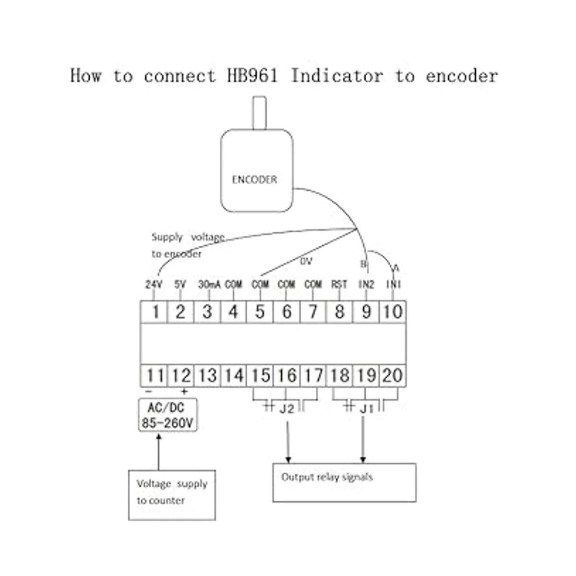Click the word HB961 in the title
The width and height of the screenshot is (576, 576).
[x=252, y=76]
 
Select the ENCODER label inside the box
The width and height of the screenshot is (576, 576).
[x=254, y=180]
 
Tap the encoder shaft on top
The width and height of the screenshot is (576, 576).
[x=259, y=113]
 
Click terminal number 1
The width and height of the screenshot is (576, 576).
[x=155, y=312]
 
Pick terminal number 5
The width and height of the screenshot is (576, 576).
[x=260, y=312]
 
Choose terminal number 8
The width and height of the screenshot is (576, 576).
[x=339, y=312]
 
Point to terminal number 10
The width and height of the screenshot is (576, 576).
[x=393, y=312]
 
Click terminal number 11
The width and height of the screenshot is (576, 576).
[x=155, y=375]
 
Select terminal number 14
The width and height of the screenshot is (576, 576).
[x=234, y=375]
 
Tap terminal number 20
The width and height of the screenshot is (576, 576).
[x=393, y=375]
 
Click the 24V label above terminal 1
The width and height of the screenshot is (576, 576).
[x=154, y=285]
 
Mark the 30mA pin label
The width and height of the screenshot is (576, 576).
[x=209, y=285]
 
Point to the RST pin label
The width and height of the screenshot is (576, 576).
[x=339, y=285]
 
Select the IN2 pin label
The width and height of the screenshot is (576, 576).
[x=366, y=285]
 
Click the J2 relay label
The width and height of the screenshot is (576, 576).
[x=287, y=409]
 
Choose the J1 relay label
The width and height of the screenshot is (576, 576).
[x=366, y=409]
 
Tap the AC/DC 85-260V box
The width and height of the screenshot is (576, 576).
[x=168, y=415]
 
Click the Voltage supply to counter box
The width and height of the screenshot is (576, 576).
[x=172, y=495]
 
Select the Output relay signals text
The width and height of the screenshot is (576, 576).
[x=327, y=477]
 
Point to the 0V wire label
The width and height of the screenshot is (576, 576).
[x=306, y=262]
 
